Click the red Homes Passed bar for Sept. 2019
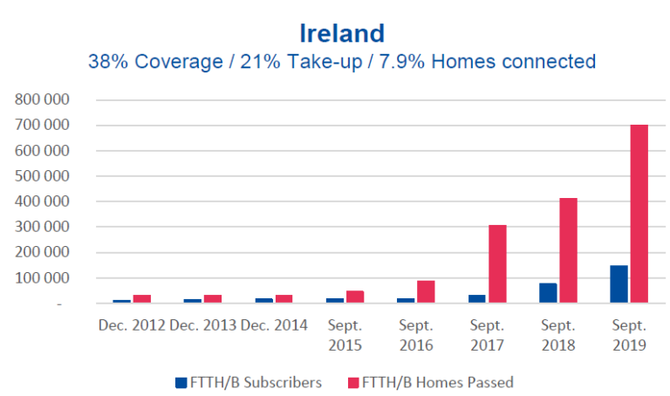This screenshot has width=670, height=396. point(639,215)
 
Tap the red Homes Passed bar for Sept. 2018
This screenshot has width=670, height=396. point(568,251)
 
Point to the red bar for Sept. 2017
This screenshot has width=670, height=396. point(497,264)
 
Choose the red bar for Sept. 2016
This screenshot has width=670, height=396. point(426,292)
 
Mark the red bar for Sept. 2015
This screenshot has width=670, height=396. point(355,297)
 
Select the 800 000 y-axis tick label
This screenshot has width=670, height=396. point(42,99)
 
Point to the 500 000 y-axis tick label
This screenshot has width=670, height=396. point(42,176)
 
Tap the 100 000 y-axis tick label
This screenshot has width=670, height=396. point(42,278)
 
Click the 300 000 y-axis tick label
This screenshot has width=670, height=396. point(42,227)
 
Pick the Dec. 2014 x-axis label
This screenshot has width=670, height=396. point(274,325)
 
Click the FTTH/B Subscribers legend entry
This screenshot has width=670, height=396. point(249,381)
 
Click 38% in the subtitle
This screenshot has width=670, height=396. point(107,62)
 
